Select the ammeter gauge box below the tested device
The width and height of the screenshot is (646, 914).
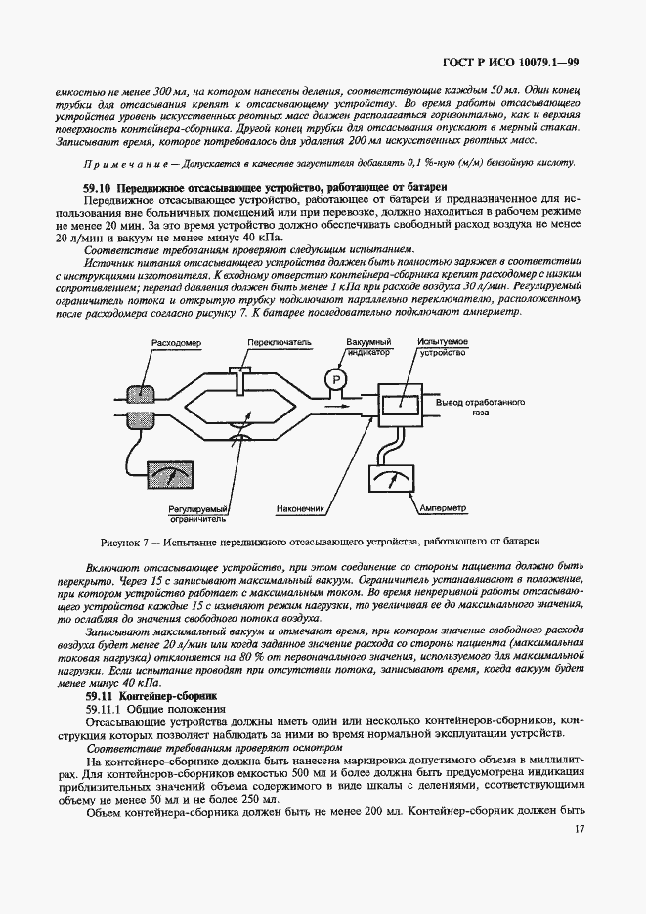point(396,481)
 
